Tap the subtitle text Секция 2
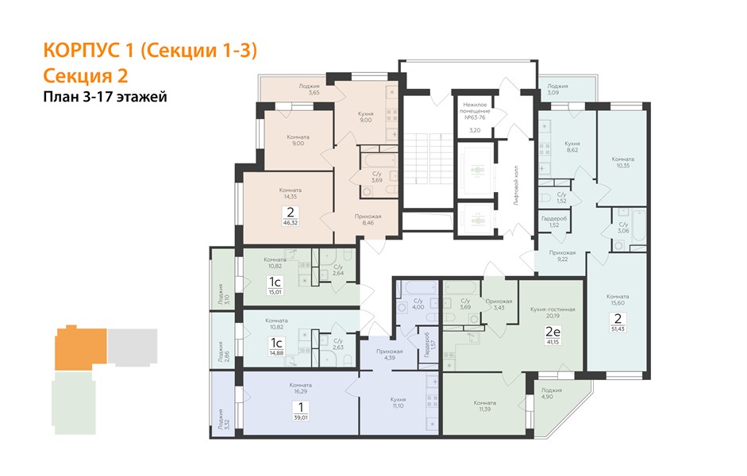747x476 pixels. (x=86, y=75)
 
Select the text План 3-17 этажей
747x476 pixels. (x=106, y=97)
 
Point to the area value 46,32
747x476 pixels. (x=290, y=222)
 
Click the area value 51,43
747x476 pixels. (x=618, y=329)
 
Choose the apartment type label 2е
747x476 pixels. (x=553, y=332)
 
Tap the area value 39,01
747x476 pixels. (x=301, y=417)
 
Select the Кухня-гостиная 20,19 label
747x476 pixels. (x=553, y=313)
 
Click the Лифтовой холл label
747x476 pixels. (x=517, y=186)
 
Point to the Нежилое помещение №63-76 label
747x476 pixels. (x=475, y=111)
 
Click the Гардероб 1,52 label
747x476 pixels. (x=554, y=222)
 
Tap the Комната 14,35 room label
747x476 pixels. (x=290, y=194)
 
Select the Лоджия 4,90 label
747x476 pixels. (x=551, y=393)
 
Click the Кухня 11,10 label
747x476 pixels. (x=398, y=403)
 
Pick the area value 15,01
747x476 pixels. (x=275, y=292)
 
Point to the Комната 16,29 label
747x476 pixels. (x=300, y=388)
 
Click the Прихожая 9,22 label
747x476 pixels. (x=562, y=256)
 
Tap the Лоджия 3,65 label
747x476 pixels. (x=309, y=90)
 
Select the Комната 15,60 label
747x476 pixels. (x=618, y=299)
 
